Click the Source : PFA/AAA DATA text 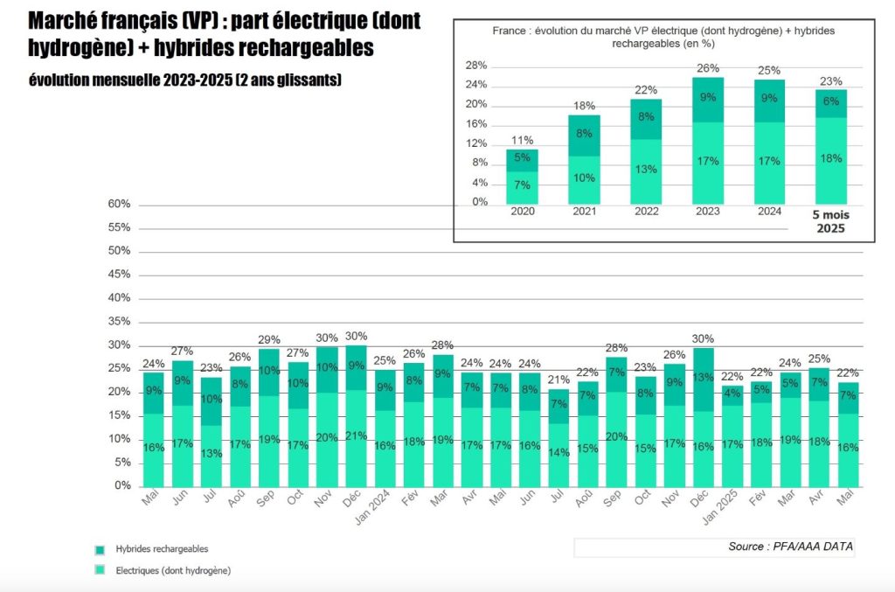coord(790,547)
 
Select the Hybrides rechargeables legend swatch coord(100,550)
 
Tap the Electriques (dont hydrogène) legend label coord(173,570)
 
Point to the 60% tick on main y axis coord(120,205)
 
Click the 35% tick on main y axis coord(120,321)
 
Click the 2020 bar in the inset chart coord(522,177)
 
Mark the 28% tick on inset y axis coord(476,66)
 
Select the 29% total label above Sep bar coord(269,339)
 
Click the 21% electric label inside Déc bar coord(357,437)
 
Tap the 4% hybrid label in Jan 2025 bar coord(732,393)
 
